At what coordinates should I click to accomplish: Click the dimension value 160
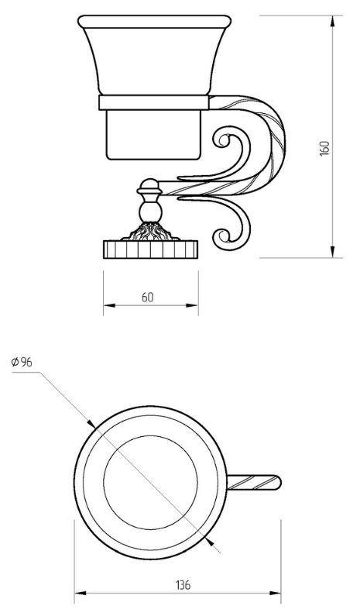pos(324,148)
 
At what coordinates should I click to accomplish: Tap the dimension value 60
pos(147,297)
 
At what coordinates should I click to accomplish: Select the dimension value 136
pos(183,584)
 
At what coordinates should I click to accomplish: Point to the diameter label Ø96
pos(22,362)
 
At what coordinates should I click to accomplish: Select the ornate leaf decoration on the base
pos(150,231)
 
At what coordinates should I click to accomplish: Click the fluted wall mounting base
pos(151,249)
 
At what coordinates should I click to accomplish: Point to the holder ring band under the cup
pos(154,102)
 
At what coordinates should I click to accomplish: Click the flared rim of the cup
pos(154,22)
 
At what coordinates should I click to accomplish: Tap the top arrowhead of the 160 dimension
pos(332,22)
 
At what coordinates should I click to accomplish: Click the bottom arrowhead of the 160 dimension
pos(332,251)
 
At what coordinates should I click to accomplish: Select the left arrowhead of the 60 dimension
pos(109,305)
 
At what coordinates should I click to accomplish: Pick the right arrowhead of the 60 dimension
pos(193,305)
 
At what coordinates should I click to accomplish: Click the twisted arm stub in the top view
pos(253,483)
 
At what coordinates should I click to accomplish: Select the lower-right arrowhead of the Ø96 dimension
pos(211,542)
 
